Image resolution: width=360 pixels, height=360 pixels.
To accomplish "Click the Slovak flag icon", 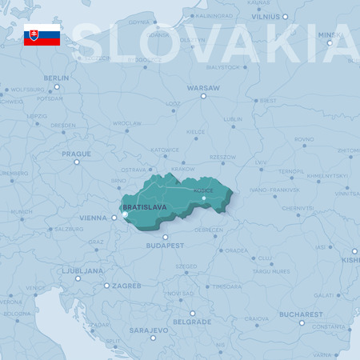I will pyautogui.click(x=42, y=34).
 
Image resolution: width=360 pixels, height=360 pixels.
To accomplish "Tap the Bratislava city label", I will pyautogui.click(x=145, y=206).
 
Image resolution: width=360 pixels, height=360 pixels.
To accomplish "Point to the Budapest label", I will pyautogui.click(x=165, y=246).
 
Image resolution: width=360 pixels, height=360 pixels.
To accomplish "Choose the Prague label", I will pyautogui.click(x=76, y=153).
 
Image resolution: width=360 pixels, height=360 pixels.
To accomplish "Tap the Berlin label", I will pyautogui.click(x=56, y=78).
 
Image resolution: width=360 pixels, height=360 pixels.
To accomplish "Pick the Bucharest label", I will pyautogui.click(x=301, y=314).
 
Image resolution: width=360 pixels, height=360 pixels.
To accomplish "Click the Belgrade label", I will pyautogui.click(x=192, y=322).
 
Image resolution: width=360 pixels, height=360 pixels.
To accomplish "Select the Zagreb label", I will pyautogui.click(x=126, y=286).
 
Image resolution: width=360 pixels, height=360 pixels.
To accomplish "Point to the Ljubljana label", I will pyautogui.click(x=84, y=270).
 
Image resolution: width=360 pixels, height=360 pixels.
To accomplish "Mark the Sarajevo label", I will pyautogui.click(x=149, y=330).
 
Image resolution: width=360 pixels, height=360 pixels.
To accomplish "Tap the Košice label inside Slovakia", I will pyautogui.click(x=203, y=190).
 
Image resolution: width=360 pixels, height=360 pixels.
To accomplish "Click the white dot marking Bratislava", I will pyautogui.click(x=125, y=214).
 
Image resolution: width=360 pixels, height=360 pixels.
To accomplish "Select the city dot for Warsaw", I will pyautogui.click(x=203, y=96).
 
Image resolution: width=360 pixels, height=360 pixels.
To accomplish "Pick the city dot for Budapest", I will pyautogui.click(x=165, y=237).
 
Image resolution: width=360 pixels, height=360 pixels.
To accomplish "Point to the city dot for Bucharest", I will pyautogui.click(x=302, y=322).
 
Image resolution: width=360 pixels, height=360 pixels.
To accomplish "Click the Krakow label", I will pyautogui.click(x=183, y=169).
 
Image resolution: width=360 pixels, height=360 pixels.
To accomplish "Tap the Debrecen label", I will pyautogui.click(x=208, y=230).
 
